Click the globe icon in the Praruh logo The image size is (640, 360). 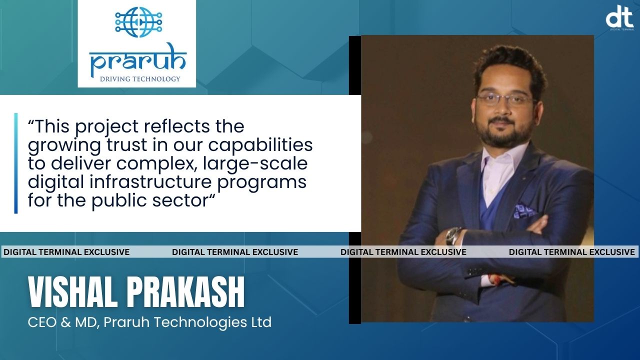[136, 22]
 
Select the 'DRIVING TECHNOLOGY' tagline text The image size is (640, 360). [139, 79]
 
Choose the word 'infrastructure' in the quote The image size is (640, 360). [151, 181]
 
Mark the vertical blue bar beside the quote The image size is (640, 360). [16, 163]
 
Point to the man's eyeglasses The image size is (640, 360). [505, 98]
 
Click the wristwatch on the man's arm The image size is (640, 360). [454, 235]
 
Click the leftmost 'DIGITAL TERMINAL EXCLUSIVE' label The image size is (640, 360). [66, 252]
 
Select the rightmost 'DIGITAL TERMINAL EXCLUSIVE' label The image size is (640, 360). [571, 252]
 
